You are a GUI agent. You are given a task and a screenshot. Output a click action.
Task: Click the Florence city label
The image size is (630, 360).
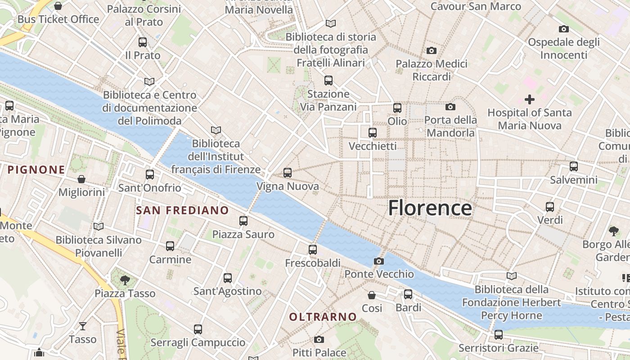pos(430,208)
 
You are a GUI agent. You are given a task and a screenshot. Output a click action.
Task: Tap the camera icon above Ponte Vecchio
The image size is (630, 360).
pos(379,261)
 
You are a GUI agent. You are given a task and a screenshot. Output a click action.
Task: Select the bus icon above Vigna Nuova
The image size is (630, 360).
pos(288,172)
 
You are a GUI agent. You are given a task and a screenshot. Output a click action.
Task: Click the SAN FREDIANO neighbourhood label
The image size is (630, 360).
pos(182,210)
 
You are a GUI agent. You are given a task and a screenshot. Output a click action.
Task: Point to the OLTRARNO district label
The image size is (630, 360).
pos(323,317)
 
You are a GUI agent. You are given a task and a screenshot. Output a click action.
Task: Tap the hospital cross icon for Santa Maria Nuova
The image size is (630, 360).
pos(530,99)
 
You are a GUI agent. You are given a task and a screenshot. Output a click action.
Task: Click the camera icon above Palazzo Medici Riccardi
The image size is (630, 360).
pos(431,50)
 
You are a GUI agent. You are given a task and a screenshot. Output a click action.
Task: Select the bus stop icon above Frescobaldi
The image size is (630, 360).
pos(313,249)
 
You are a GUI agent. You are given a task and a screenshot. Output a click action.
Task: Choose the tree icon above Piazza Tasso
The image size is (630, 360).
pos(125,280)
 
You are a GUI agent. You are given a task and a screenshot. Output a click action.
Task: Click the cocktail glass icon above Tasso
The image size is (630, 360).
pos(83,326)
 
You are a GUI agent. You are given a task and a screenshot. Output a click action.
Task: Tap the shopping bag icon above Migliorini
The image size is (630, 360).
pos(81,179)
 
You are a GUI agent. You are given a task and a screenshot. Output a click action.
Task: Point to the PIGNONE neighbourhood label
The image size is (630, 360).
pos(36,170)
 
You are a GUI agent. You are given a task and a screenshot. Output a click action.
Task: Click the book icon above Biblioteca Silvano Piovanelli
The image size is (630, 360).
pos(99,226)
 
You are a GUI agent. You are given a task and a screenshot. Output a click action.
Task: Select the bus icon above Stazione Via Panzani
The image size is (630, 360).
pos(328,81)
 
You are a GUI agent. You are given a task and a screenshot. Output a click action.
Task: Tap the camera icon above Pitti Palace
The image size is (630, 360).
pos(319,339)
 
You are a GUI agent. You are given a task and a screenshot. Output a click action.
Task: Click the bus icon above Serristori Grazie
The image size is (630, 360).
pos(498,334)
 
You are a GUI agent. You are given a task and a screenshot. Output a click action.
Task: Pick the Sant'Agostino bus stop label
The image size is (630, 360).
pos(227,291)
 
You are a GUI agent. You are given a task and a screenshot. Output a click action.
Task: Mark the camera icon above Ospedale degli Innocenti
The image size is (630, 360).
pos(563,29)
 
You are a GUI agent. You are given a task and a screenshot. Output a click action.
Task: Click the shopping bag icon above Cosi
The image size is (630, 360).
pos(372,295)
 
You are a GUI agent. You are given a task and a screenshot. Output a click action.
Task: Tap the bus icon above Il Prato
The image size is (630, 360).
pos(143,42)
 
